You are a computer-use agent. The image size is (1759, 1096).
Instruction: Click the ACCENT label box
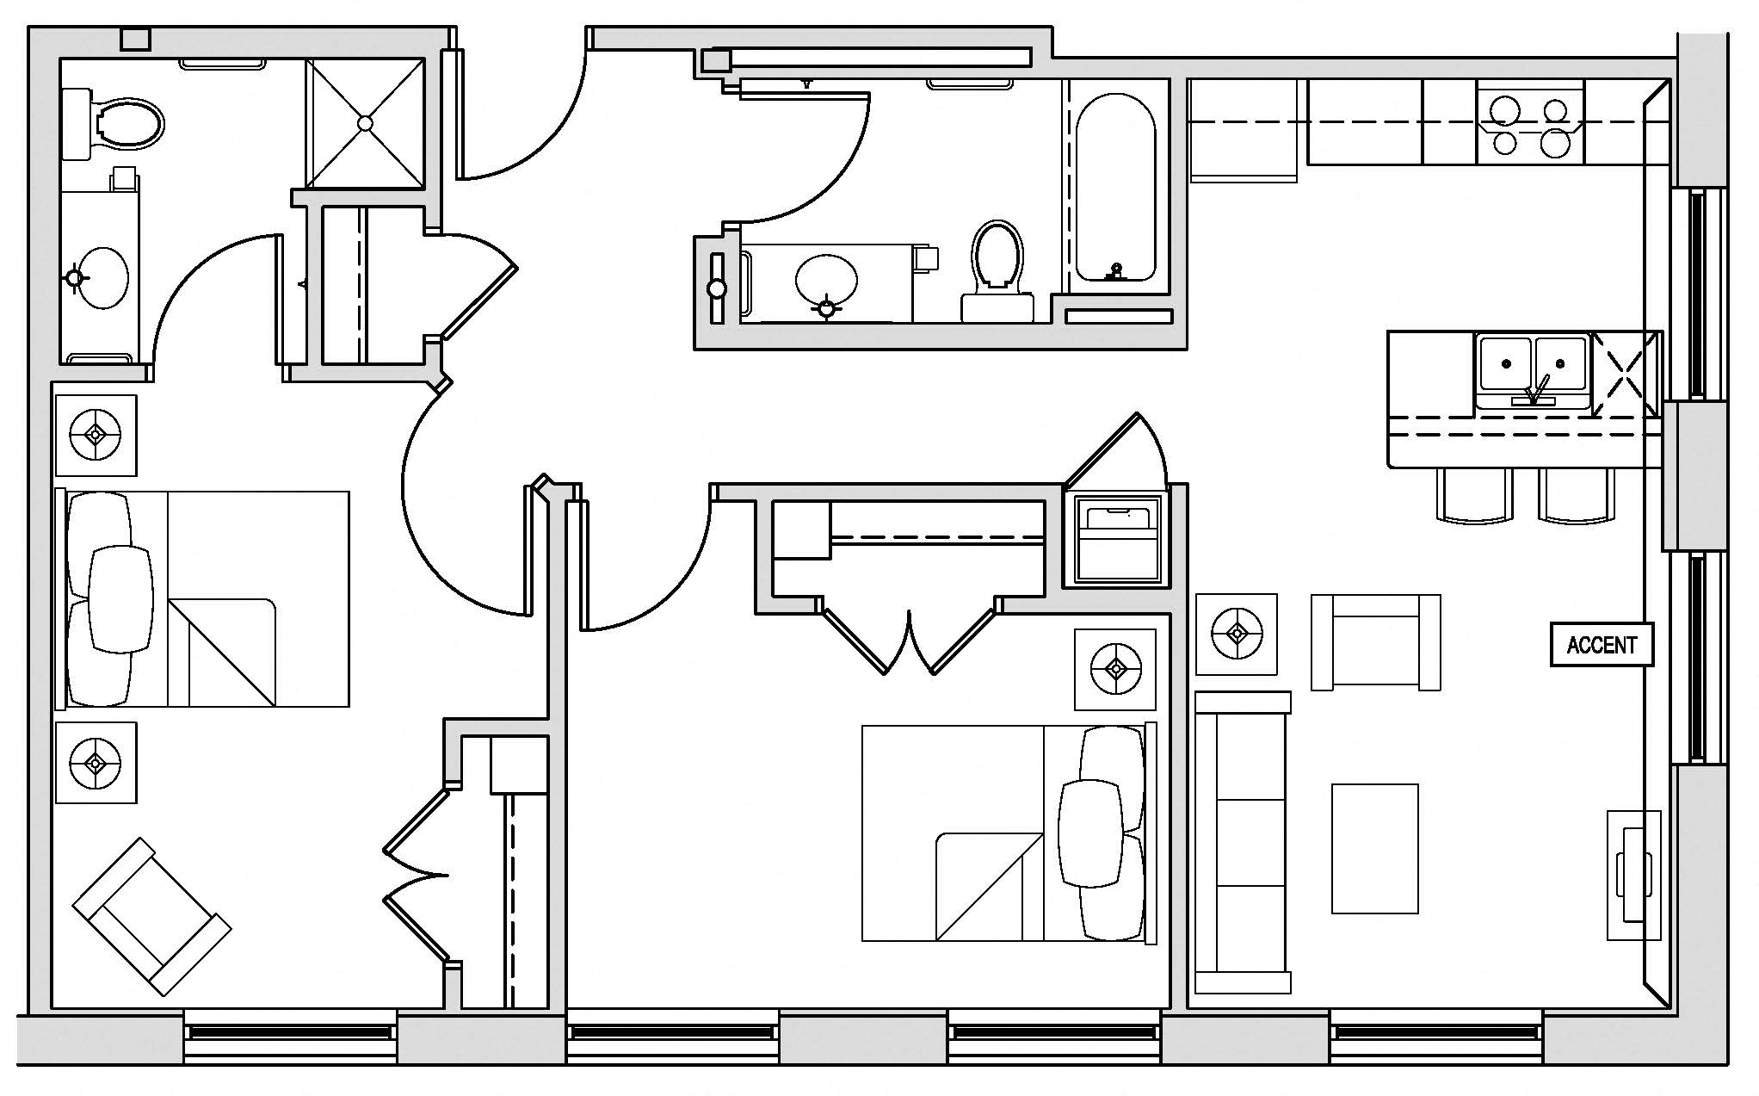[1602, 645]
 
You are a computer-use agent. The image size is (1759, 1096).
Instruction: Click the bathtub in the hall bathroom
[1115, 188]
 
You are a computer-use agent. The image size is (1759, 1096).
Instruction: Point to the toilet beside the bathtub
[997, 267]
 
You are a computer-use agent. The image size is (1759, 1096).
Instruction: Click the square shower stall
[365, 123]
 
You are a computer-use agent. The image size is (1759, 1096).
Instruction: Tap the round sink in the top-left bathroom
[102, 278]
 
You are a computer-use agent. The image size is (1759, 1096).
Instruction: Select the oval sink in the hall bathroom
[826, 281]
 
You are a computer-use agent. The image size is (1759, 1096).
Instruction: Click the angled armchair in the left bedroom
[151, 916]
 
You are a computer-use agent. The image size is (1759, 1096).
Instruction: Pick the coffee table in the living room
[1374, 848]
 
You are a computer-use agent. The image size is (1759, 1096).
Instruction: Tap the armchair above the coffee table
[1375, 641]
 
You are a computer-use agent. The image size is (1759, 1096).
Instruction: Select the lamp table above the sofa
[1237, 635]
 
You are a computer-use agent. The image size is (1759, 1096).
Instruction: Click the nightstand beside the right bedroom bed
[1115, 669]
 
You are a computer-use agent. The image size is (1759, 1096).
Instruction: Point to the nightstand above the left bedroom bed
[96, 435]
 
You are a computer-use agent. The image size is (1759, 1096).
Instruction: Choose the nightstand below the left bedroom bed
[96, 762]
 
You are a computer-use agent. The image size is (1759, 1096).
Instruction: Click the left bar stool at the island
[1474, 496]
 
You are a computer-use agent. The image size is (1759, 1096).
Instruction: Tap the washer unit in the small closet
[1115, 540]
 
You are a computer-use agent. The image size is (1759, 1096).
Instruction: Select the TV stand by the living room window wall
[1633, 874]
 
